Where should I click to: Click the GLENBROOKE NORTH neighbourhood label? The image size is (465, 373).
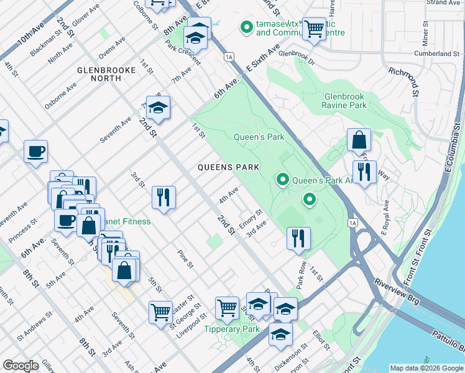tap(106, 76)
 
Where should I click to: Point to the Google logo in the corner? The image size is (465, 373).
tap(21, 366)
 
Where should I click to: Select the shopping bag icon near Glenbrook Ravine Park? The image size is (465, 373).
tap(359, 140)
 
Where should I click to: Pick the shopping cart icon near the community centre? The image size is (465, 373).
tap(314, 28)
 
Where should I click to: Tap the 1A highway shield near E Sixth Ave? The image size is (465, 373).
tap(229, 57)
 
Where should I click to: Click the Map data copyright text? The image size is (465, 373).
tap(426, 368)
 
